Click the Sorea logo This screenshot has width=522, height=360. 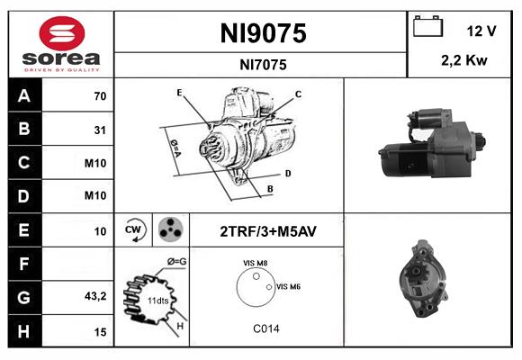tap(60, 45)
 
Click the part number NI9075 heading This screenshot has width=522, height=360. tap(263, 34)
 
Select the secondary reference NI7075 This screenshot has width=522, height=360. tap(263, 65)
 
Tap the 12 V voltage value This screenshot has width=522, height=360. tap(481, 31)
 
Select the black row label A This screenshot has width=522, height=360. tap(24, 95)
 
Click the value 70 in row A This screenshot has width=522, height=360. tap(100, 96)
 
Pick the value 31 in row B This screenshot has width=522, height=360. tap(100, 130)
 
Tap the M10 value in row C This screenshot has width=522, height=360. tap(95, 163)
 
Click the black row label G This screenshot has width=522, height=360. tap(24, 296)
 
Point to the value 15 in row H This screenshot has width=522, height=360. tap(100, 331)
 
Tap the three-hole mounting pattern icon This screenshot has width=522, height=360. tap(168, 229)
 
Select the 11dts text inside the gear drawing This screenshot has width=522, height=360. tap(157, 301)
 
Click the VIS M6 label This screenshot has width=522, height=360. tap(288, 286)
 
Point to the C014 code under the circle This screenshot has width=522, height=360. tap(265, 328)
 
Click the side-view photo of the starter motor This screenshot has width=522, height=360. tap(429, 147)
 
